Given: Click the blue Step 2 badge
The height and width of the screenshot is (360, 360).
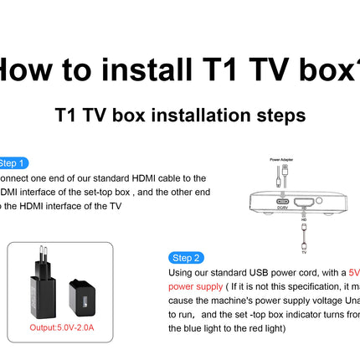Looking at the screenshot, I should pyautogui.click(x=185, y=258).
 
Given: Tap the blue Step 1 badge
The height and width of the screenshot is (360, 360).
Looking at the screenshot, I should pyautogui.click(x=12, y=163).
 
